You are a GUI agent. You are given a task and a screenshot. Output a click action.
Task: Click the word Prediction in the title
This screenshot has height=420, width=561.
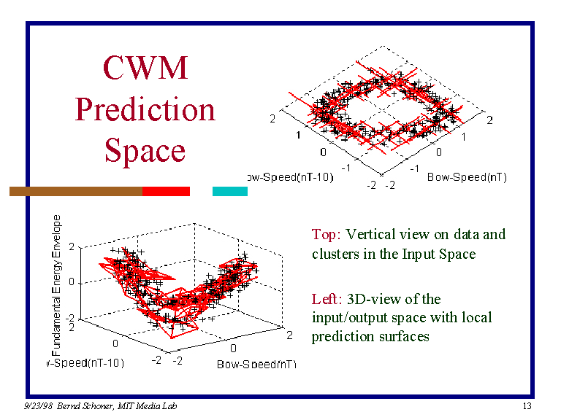coord(145,109)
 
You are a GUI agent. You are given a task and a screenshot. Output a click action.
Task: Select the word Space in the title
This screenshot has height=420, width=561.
coord(145,150)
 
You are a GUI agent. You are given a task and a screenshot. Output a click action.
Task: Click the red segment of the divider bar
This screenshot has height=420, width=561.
coord(166,191)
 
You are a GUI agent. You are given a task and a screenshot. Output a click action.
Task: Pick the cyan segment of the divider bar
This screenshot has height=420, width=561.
coord(229,191)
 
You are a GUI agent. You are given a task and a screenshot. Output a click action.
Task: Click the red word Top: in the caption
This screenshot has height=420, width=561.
coord(327,234)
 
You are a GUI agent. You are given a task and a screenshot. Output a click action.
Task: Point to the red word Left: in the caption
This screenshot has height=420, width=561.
coord(327,299)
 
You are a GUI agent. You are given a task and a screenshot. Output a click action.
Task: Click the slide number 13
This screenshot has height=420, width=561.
coord(527,406)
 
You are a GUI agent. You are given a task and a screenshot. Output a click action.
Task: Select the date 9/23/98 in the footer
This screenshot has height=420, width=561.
coord(35,406)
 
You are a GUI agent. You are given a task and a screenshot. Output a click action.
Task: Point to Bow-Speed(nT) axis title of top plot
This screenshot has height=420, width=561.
coord(467,177)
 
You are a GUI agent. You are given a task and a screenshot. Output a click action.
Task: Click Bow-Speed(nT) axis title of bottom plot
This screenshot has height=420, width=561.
coord(256,364)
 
